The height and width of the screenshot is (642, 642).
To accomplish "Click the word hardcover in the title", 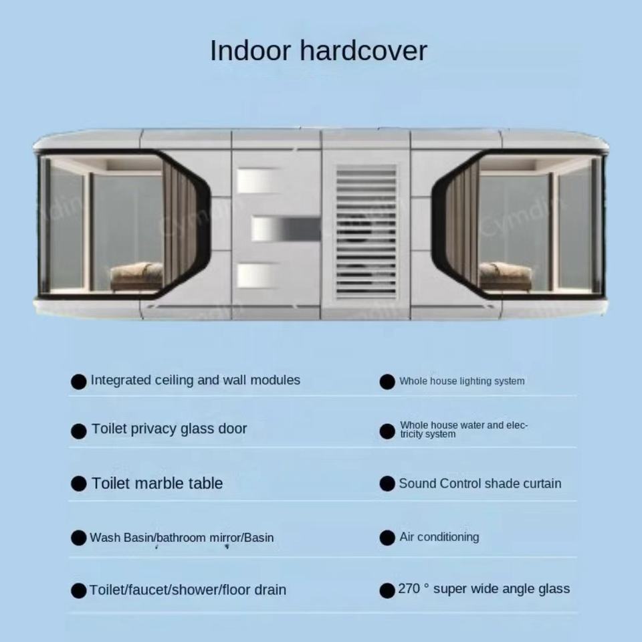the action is pos(367,51).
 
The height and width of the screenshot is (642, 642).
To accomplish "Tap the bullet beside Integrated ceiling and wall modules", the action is pos(79,382).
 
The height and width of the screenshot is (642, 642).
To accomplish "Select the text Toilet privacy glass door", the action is pos(169,429).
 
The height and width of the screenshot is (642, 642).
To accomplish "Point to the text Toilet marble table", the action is pos(157,484).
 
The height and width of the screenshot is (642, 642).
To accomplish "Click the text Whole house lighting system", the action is pos(462,381).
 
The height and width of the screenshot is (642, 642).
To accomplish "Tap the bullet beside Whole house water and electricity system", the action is pos(387,431).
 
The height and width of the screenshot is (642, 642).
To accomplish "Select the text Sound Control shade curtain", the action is pos(480,484).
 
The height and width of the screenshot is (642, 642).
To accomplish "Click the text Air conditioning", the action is pos(439,537).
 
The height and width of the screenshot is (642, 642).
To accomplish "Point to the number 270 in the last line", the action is pos(410,589).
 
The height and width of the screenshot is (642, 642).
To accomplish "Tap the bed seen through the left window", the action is pos(137,275).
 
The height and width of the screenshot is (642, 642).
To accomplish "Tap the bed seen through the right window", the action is pos(506,275).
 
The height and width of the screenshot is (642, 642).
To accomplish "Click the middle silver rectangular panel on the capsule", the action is pos(285,229).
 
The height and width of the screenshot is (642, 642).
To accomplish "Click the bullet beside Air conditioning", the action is pos(387,538).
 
